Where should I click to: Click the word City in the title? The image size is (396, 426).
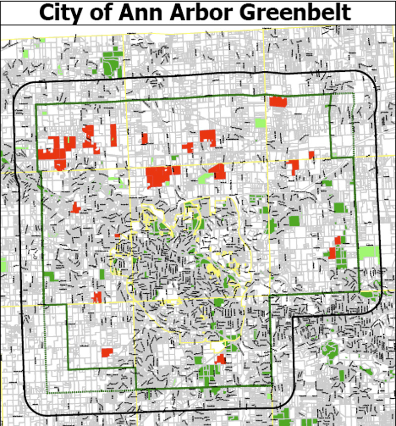[x=62, y=12]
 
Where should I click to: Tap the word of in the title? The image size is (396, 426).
[x=102, y=12]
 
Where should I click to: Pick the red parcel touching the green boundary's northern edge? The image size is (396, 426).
[x=278, y=102]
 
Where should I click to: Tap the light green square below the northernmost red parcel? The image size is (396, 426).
[x=260, y=122]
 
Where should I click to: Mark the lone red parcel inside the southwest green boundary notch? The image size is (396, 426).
[x=107, y=353]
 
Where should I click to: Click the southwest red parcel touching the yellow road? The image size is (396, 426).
[x=97, y=297]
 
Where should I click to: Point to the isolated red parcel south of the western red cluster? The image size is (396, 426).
[x=76, y=208]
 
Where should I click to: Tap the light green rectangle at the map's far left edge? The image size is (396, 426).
[x=3, y=265]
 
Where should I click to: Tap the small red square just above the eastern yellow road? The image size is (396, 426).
[x=311, y=155]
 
